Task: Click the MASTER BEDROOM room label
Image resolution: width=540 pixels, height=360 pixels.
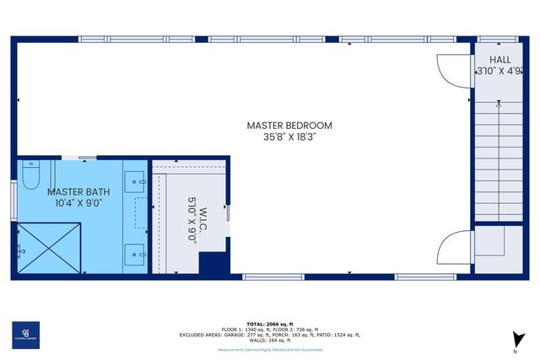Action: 289,126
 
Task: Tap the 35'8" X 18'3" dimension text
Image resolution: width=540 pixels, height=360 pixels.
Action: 289,138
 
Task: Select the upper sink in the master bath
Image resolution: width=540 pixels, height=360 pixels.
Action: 135,180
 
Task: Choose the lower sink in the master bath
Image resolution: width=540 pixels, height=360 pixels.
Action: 135,251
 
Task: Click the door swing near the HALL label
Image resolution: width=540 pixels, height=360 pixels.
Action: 451,69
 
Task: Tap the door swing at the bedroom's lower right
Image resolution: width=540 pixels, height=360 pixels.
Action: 454,248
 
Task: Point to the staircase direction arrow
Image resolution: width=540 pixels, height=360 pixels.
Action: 499,104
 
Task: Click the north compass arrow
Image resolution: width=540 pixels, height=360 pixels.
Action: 514,339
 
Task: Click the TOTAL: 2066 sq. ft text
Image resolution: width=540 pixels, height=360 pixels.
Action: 270,324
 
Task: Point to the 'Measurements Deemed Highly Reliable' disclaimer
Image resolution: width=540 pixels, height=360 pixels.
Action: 270,347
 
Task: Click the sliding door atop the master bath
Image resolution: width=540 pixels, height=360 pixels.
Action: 84,157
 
